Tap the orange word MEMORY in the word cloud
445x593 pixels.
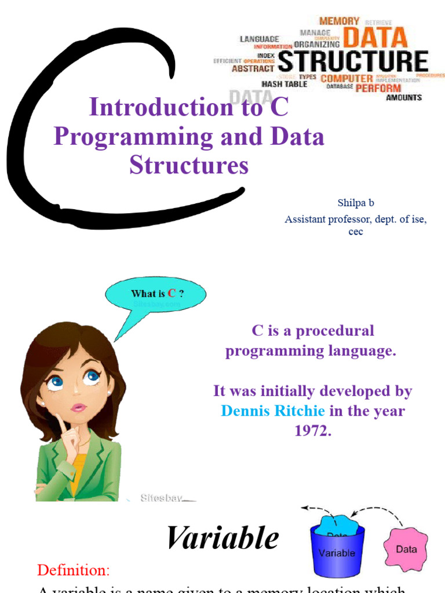click(339, 21)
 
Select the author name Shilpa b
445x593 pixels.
click(356, 203)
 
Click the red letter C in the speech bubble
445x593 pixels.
click(172, 294)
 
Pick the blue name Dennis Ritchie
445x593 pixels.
click(273, 411)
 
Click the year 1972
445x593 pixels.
click(312, 430)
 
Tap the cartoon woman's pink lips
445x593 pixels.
click(78, 407)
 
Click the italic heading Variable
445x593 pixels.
click(222, 538)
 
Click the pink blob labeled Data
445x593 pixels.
click(406, 548)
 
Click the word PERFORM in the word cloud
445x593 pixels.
click(378, 88)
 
